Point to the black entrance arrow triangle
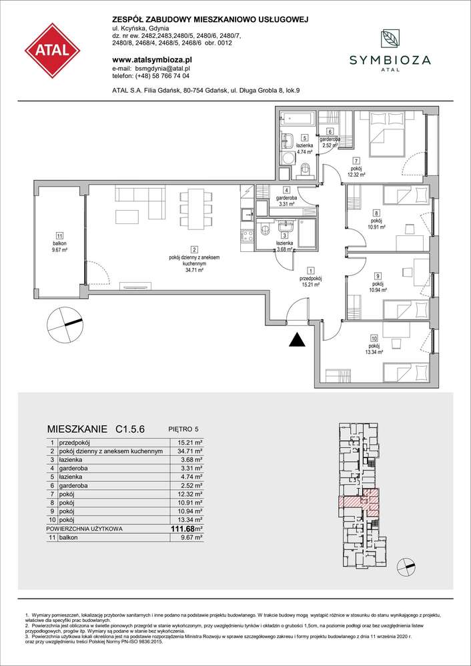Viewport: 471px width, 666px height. pyautogui.click(x=297, y=341)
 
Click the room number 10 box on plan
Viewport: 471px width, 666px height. pyautogui.click(x=374, y=339)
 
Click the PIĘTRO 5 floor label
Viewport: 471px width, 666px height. pyautogui.click(x=186, y=431)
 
